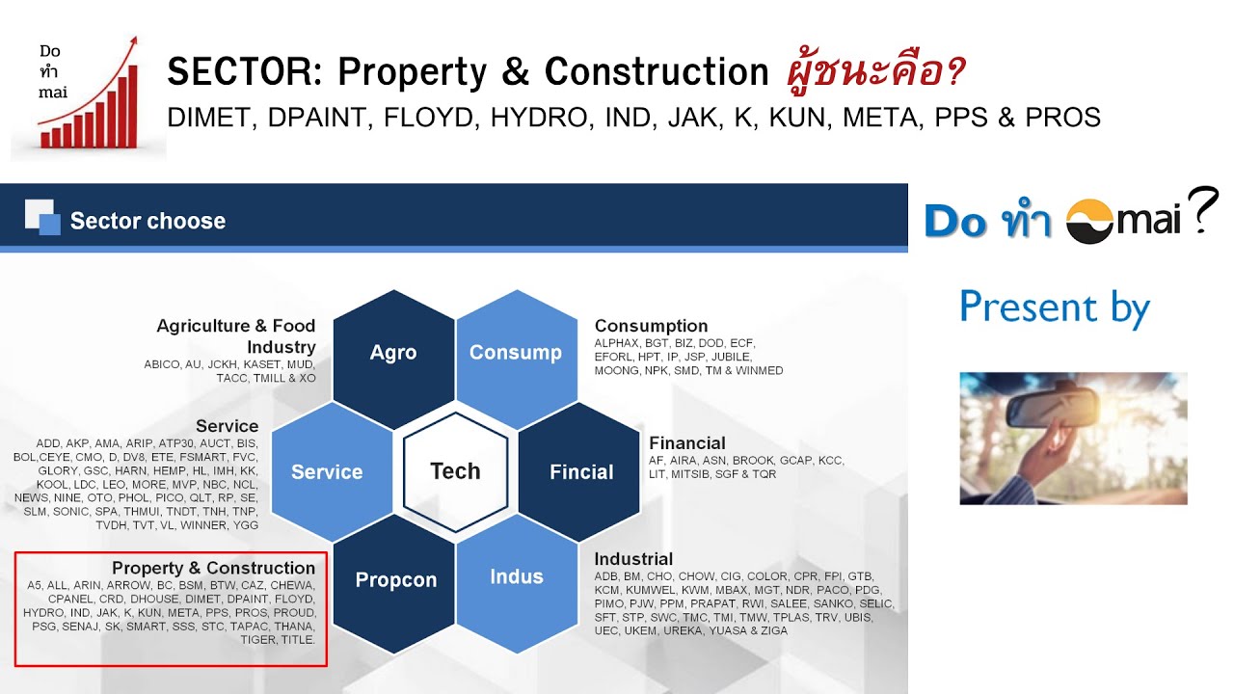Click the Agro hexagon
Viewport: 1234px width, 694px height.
point(393,352)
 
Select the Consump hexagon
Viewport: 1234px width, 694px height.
point(516,352)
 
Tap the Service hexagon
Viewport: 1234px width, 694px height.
point(328,471)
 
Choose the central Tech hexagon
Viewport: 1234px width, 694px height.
point(455,470)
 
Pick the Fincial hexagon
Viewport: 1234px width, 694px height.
point(580,471)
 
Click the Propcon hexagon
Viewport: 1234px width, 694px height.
point(395,579)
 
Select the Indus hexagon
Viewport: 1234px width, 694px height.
point(517,576)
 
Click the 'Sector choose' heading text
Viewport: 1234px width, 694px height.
point(148,221)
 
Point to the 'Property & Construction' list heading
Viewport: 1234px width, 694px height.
point(213,568)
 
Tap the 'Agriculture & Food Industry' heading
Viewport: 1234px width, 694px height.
point(236,335)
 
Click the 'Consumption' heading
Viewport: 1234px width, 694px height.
point(651,326)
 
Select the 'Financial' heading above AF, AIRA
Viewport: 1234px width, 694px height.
point(686,442)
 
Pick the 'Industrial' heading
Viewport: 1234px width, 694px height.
point(633,559)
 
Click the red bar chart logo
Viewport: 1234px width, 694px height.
point(89,96)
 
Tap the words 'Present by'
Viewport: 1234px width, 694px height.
point(1055,307)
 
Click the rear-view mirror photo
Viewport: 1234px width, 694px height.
point(1073,439)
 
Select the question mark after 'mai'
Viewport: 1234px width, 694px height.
point(1202,211)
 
